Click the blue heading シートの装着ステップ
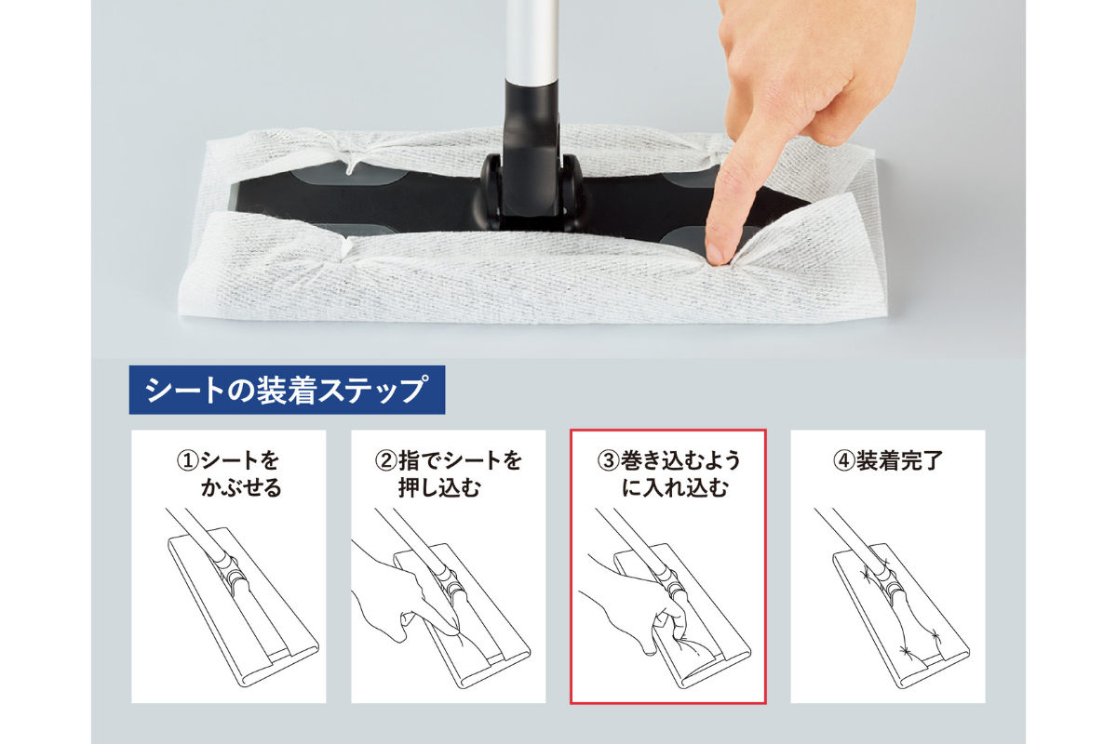[287, 390]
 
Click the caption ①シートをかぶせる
[229, 474]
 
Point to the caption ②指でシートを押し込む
[448, 474]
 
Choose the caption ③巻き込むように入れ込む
[668, 474]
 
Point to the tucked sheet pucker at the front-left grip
[344, 248]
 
